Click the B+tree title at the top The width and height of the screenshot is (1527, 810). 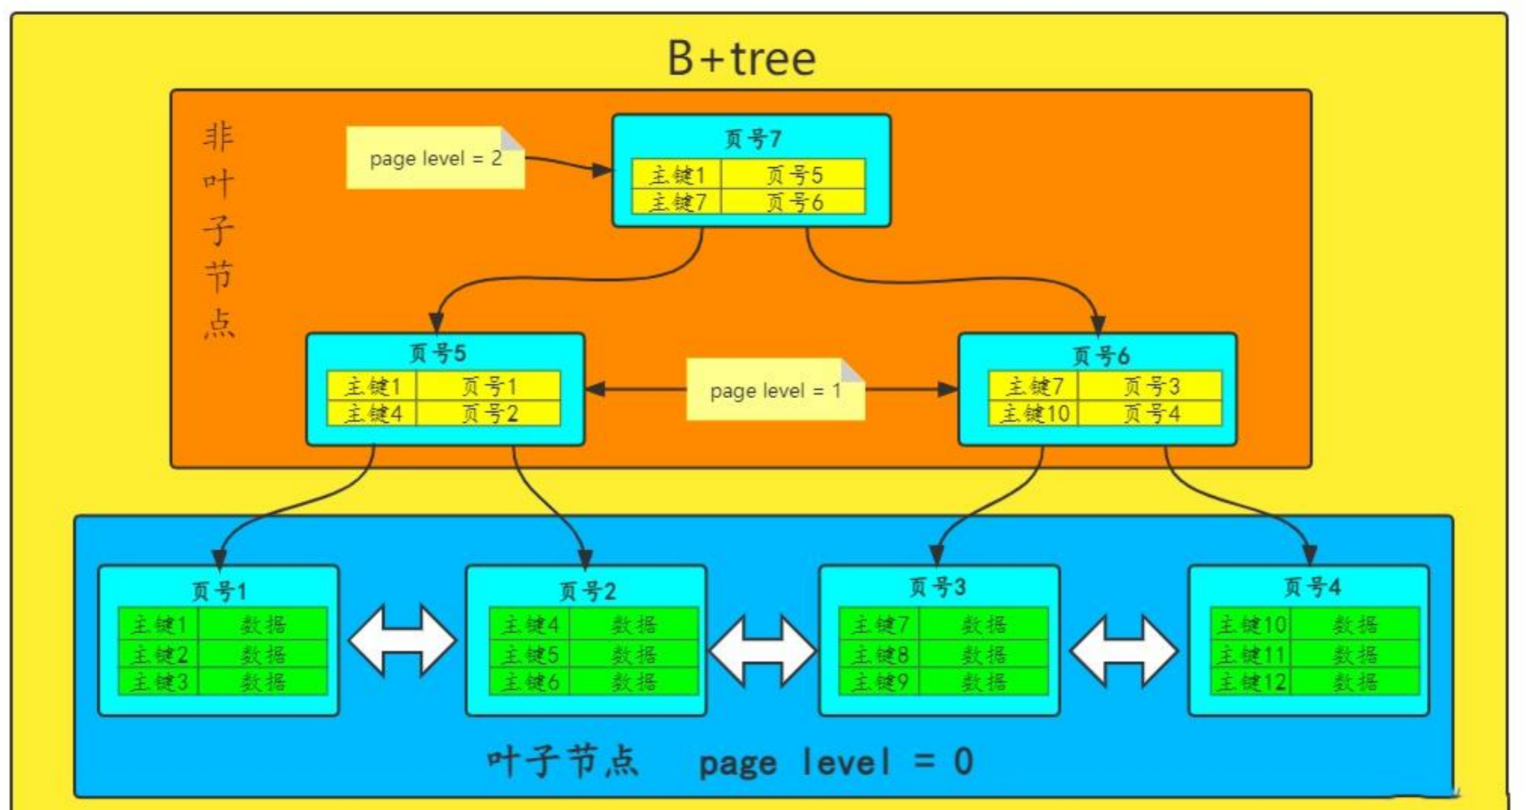(x=742, y=58)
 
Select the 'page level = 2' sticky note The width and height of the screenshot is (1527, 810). (x=436, y=158)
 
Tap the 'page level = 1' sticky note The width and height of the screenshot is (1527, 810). (x=775, y=389)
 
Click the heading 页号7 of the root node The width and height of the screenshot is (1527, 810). (x=752, y=139)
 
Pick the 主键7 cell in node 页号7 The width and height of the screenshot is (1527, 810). (x=677, y=201)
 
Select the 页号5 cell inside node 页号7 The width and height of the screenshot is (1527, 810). (x=793, y=174)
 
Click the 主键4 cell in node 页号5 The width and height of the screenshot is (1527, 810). (x=373, y=413)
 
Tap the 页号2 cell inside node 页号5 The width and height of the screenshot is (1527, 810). (x=488, y=413)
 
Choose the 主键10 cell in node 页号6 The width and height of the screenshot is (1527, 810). (x=1034, y=413)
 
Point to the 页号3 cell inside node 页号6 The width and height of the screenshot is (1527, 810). (x=1150, y=386)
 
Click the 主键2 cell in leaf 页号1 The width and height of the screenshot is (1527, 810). (x=158, y=654)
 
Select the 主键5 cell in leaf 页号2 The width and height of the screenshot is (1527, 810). (x=529, y=654)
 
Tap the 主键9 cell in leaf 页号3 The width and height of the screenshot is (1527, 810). (x=879, y=682)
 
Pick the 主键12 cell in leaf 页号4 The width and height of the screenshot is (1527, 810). (x=1250, y=682)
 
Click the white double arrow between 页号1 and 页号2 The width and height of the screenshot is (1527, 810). (x=402, y=639)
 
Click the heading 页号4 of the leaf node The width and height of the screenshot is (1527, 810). (x=1311, y=587)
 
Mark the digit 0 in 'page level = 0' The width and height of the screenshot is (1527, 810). (x=963, y=761)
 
